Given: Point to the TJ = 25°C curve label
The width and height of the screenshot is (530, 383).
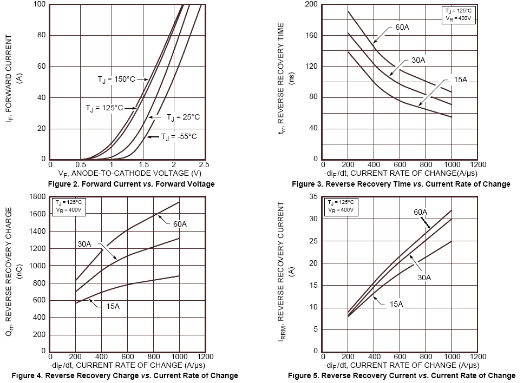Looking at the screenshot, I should click(x=183, y=117).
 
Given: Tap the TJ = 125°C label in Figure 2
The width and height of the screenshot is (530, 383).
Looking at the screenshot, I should click(x=104, y=108).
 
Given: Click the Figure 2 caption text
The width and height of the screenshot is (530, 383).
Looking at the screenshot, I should click(x=131, y=184).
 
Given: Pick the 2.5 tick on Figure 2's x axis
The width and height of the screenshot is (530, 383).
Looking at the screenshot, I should click(x=204, y=164).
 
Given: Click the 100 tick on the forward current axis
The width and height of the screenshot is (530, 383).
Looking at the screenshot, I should click(x=40, y=5).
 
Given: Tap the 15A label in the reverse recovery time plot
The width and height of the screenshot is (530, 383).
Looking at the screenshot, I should click(x=460, y=80).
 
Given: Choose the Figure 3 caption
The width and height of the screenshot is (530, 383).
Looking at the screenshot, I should click(x=401, y=184).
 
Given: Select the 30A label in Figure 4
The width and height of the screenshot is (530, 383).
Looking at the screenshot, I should click(x=84, y=244).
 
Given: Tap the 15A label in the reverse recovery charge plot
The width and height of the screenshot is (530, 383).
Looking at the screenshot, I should click(x=113, y=306).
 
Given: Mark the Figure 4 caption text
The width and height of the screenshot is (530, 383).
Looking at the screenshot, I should click(x=125, y=375).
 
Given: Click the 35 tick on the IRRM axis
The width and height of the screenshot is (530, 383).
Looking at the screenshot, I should click(x=313, y=197).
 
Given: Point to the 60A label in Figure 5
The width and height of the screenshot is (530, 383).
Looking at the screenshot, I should click(x=421, y=212).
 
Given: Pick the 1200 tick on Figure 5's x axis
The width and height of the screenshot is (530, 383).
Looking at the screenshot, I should click(x=478, y=356).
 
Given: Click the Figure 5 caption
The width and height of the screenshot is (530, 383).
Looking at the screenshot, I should click(x=401, y=375).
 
